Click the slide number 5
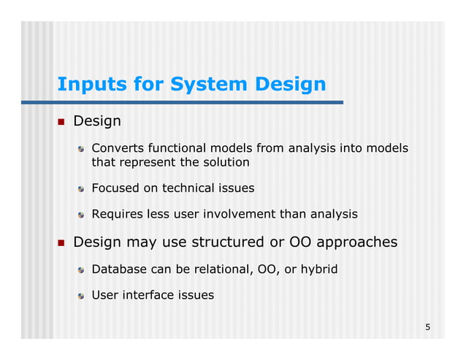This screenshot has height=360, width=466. pyautogui.click(x=428, y=326)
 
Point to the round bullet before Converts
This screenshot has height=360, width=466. pyautogui.click(x=83, y=150)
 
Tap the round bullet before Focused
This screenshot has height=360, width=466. pyautogui.click(x=83, y=188)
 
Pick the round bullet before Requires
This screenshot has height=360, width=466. pyautogui.click(x=83, y=215)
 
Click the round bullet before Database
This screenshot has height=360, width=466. pyautogui.click(x=83, y=270)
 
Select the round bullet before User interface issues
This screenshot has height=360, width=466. pyautogui.click(x=83, y=296)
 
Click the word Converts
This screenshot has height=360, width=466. pyautogui.click(x=116, y=149)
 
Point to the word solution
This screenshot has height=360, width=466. pyautogui.click(x=226, y=162)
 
